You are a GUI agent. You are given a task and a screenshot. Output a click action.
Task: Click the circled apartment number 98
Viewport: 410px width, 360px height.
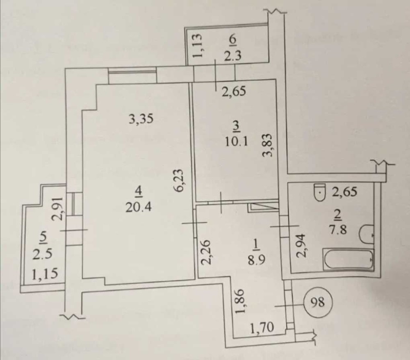click(x=318, y=303)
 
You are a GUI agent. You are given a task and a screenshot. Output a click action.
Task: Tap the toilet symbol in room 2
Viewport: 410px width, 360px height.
click(x=320, y=193)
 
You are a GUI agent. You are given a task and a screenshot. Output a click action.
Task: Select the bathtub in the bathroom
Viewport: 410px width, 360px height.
click(x=349, y=259)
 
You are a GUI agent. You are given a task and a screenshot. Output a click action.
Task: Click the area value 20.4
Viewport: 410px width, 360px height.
click(x=139, y=207)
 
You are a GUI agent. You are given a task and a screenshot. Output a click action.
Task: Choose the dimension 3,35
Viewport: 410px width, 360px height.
click(x=141, y=119)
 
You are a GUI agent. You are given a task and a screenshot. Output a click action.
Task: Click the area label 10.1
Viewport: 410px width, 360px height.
click(x=236, y=142)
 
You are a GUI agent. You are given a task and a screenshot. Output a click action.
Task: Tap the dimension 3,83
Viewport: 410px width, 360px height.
click(x=267, y=145)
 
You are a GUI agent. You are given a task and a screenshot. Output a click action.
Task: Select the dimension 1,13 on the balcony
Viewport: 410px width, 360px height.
click(x=198, y=46)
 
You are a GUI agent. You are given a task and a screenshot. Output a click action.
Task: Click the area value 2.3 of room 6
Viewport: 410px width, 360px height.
click(x=232, y=56)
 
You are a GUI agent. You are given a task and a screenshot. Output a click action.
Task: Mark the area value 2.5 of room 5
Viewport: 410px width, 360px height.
click(x=42, y=254)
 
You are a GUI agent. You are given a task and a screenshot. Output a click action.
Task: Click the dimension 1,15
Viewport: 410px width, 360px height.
click(x=44, y=274)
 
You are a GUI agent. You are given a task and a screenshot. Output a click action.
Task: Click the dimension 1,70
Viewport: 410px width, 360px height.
click(x=262, y=327)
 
